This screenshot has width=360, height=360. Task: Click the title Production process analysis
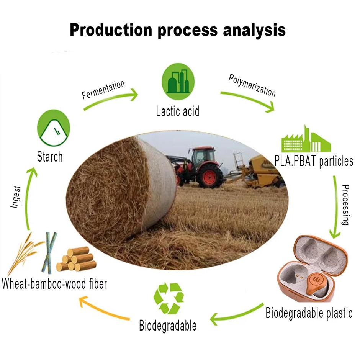point(177,30)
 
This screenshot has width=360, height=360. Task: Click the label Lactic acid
point(178,111)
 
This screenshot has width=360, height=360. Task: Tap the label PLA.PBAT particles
point(313,161)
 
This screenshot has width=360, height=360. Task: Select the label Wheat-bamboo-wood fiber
point(54,284)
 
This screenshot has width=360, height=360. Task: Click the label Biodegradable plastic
point(309,313)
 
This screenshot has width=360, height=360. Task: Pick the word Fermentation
point(103,90)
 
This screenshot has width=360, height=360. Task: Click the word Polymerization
point(252,85)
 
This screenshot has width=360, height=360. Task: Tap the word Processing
point(345,205)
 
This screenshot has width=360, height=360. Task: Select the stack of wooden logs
point(76,260)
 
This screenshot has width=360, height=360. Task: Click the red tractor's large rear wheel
point(210,176)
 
